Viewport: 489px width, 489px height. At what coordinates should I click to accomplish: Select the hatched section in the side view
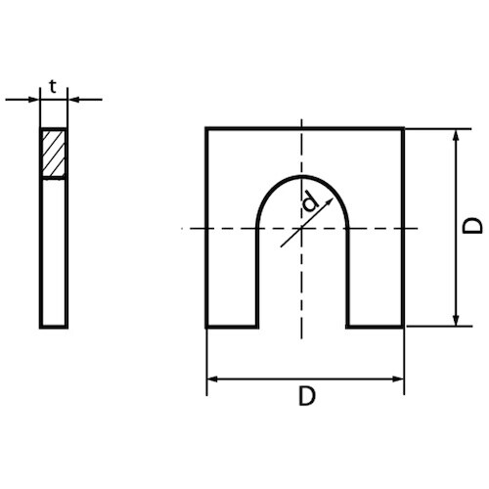click(x=54, y=153)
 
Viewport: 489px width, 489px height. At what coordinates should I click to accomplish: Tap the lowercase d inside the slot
click(x=310, y=204)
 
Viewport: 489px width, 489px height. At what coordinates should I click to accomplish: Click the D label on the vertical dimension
click(x=472, y=226)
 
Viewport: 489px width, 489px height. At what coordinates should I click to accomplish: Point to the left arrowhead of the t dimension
click(x=34, y=99)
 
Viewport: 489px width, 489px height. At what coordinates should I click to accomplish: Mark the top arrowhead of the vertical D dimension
click(x=455, y=133)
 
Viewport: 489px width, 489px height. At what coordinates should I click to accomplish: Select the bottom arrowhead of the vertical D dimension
click(x=455, y=321)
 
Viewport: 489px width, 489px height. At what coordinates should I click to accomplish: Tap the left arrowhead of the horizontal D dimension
click(x=212, y=378)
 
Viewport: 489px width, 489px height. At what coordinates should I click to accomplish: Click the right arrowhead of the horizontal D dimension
click(x=398, y=378)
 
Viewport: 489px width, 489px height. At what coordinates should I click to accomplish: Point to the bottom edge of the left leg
click(x=231, y=327)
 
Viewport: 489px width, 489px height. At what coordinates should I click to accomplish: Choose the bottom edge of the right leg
click(x=376, y=327)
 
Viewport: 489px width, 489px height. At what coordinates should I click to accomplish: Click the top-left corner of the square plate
click(x=205, y=127)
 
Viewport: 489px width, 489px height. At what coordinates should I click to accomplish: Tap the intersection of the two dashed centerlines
click(x=302, y=228)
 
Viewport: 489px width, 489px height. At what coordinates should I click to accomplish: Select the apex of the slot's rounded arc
click(x=302, y=177)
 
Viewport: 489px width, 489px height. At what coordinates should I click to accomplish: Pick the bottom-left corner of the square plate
click(x=205, y=327)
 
